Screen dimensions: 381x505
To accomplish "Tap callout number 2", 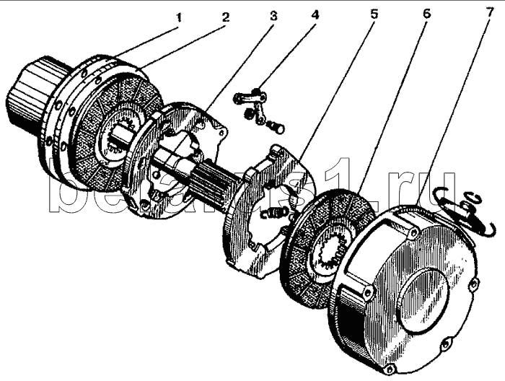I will (225, 16).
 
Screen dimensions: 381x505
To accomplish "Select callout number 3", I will (273, 14).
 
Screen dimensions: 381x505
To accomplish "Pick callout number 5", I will (373, 14).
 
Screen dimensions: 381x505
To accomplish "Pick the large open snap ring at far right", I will (462, 216).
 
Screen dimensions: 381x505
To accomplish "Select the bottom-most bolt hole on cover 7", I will (390, 369).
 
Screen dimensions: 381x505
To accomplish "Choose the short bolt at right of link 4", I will (275, 128).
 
